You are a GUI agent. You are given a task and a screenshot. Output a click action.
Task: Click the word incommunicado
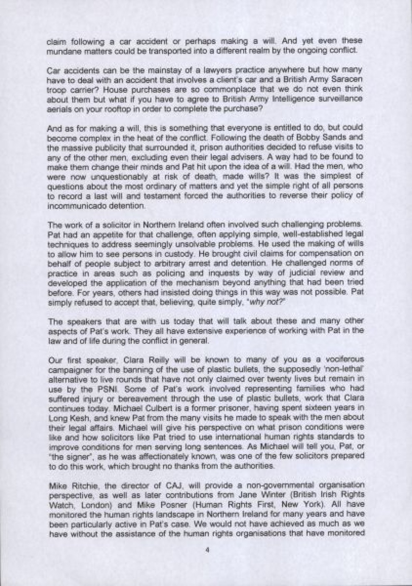71,206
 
